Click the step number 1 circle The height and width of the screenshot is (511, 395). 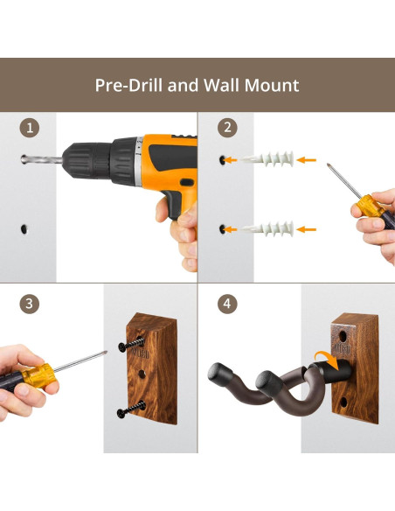coord(30,128)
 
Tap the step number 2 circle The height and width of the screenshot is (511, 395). coord(227,128)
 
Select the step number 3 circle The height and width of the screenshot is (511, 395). coord(30,304)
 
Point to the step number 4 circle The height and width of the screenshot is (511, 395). coord(227,304)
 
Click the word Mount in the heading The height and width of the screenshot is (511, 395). coord(272,86)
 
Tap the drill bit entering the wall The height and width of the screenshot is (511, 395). coord(42,159)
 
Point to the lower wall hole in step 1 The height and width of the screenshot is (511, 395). coord(24,228)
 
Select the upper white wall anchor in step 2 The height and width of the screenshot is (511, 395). coord(267,159)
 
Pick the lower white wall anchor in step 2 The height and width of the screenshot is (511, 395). coord(267,228)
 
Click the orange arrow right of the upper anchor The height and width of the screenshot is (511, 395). coord(307,159)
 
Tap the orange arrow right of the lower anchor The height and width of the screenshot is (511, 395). coord(307,229)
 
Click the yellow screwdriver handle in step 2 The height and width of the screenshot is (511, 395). coord(367,206)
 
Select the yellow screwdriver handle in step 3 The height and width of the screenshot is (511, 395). coord(38,375)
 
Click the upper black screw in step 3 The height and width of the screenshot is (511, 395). coord(131,345)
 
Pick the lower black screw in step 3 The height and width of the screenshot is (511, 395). coord(131,409)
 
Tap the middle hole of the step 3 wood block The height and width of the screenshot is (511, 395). coord(142,374)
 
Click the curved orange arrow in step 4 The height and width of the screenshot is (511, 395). coord(328,359)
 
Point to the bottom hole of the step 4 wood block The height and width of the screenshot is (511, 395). coord(343,402)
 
